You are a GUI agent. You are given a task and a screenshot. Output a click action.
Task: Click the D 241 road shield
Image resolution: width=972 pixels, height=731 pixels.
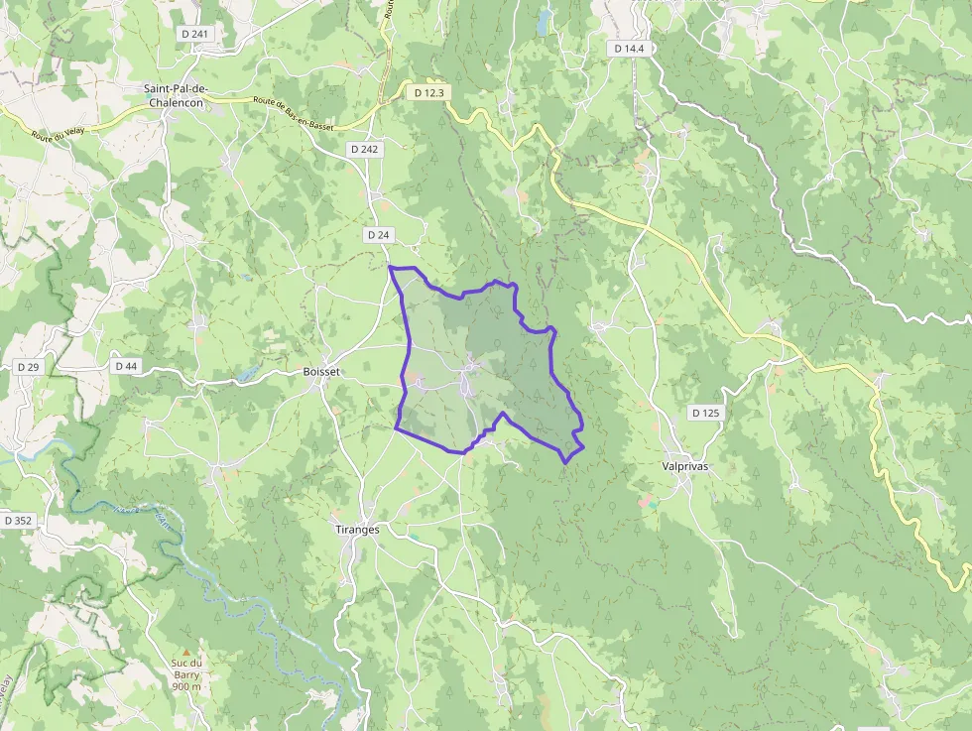pos(195,34)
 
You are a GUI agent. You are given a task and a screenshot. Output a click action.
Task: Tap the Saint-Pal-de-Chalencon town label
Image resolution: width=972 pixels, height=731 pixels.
pos(175,95)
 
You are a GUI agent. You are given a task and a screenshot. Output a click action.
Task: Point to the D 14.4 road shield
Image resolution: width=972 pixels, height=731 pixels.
pos(629,48)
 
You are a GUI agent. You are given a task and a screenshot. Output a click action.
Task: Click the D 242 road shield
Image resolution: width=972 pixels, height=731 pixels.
pos(364,149)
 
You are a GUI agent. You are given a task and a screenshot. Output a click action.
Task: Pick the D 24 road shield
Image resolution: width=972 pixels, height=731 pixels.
pos(378,235)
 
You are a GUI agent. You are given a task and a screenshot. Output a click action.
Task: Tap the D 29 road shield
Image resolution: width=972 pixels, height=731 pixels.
pos(28,367)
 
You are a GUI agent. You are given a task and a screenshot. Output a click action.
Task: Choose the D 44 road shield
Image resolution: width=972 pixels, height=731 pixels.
pos(126,366)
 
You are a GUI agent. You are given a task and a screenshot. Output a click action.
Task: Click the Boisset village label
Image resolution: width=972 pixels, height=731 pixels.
pos(320,372)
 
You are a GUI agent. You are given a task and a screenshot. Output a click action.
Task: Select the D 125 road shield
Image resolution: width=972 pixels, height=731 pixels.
pos(705,412)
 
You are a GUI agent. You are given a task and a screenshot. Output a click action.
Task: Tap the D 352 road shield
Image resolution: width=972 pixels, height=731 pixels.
pos(18,520)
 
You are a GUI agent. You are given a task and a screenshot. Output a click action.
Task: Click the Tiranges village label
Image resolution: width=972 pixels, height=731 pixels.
pos(357,530)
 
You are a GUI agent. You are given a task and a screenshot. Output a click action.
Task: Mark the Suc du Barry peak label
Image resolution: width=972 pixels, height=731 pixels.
pos(186,669)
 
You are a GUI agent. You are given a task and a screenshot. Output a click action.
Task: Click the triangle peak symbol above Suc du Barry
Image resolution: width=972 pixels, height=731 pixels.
pos(185,652)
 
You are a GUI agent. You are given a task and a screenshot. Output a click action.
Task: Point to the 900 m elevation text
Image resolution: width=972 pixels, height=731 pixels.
pos(186,686)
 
